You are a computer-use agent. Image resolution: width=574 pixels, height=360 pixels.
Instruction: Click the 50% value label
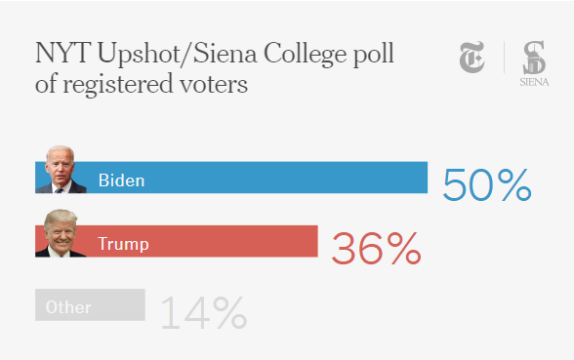(486, 184)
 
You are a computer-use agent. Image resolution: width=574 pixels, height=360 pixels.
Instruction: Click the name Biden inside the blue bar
(121, 180)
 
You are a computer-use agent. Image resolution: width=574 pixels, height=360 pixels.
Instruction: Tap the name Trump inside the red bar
(123, 244)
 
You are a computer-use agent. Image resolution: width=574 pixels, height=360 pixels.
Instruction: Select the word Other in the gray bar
(68, 307)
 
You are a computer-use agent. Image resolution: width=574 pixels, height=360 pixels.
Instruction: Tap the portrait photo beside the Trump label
(61, 234)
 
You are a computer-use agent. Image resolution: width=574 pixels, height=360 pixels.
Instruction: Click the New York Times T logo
(473, 59)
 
